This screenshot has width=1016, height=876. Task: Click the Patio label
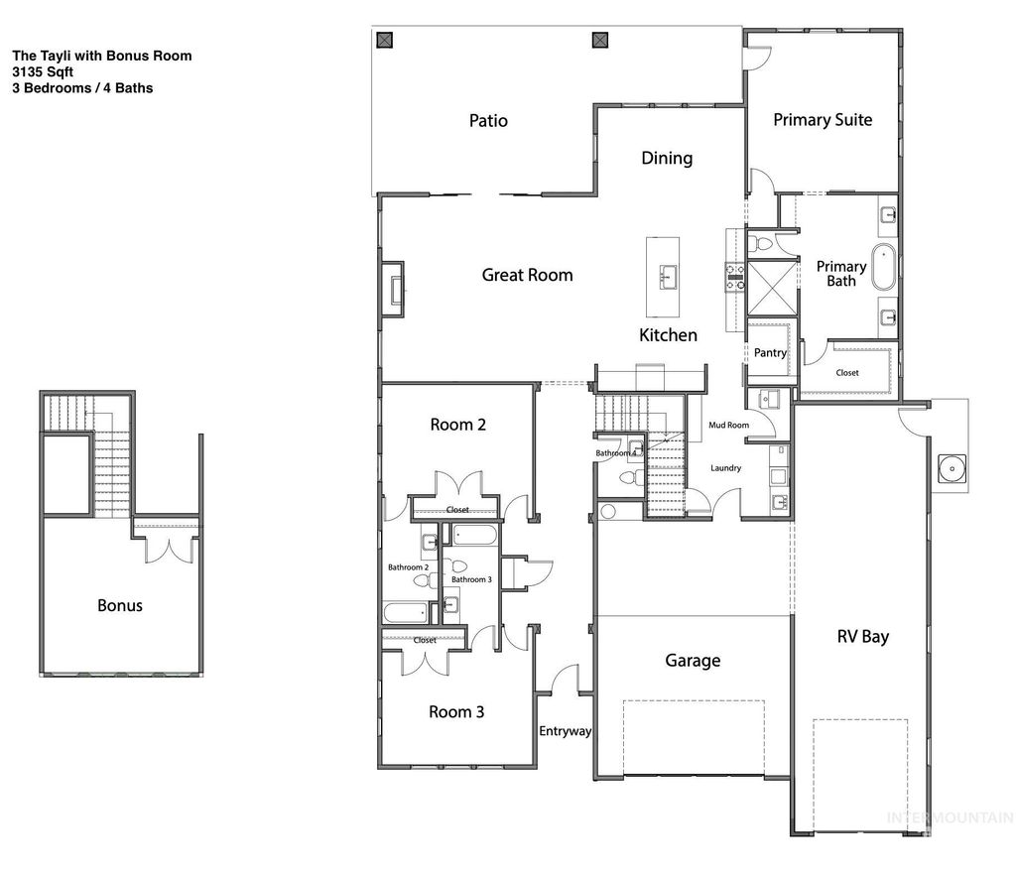point(488,121)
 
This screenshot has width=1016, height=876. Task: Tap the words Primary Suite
point(823,120)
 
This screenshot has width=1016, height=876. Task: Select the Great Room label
point(527,275)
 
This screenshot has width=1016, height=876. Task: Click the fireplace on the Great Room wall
point(393,289)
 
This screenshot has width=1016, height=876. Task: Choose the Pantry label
point(770,353)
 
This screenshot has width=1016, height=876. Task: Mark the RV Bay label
point(862,636)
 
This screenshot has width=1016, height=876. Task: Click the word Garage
point(693,660)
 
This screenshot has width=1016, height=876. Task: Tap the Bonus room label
point(119,605)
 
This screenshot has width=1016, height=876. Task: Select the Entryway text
point(565,731)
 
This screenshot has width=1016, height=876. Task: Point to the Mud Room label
point(728,425)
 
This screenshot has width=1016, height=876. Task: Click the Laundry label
point(725,467)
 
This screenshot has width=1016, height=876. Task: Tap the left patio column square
point(386,40)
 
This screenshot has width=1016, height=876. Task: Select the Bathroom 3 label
point(471,579)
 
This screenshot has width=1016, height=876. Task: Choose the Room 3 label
point(456,711)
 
